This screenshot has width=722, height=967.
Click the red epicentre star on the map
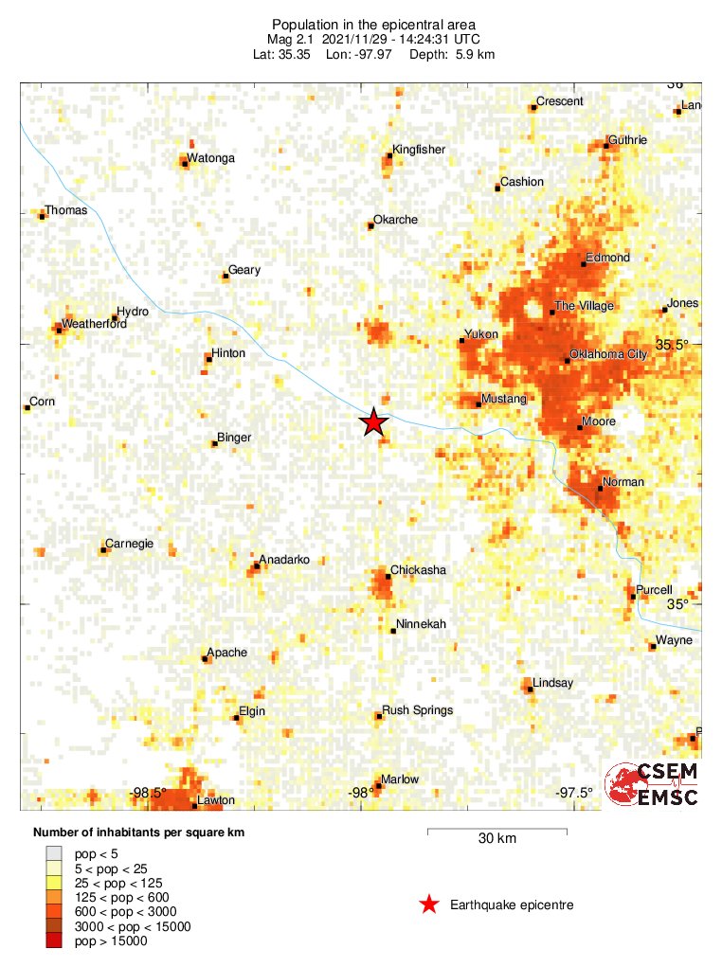coord(374,423)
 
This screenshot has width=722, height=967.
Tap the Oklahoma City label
coord(607,353)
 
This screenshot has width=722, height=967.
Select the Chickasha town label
coord(418,570)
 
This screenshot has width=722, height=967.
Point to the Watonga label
coord(210,158)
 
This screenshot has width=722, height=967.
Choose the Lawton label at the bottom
coord(214,801)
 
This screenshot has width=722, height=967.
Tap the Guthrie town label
coord(627,140)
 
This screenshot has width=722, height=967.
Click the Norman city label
coord(623,482)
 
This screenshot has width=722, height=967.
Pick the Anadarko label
coord(284,560)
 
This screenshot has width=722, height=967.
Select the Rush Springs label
coord(417,710)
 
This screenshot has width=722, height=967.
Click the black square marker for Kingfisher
coord(388,156)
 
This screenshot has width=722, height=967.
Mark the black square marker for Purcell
coord(632,597)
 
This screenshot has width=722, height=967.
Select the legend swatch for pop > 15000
coord(54,941)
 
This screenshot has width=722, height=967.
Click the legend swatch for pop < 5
coord(54,853)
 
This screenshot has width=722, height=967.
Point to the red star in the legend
coord(429,905)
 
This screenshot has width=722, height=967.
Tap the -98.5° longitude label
coord(149,793)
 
